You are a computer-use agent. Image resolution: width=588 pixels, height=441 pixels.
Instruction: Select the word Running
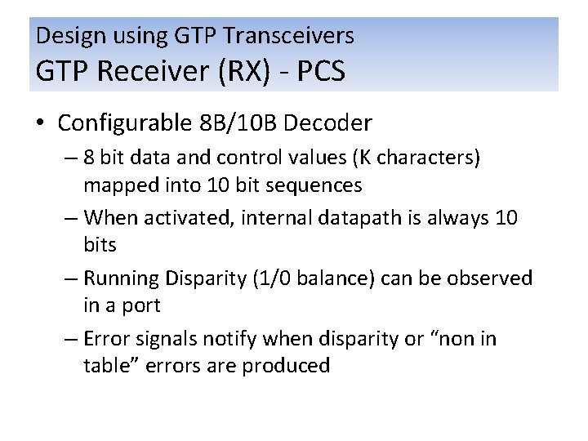[x=121, y=278]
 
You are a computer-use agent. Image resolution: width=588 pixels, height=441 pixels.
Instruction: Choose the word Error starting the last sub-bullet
[x=105, y=338]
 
